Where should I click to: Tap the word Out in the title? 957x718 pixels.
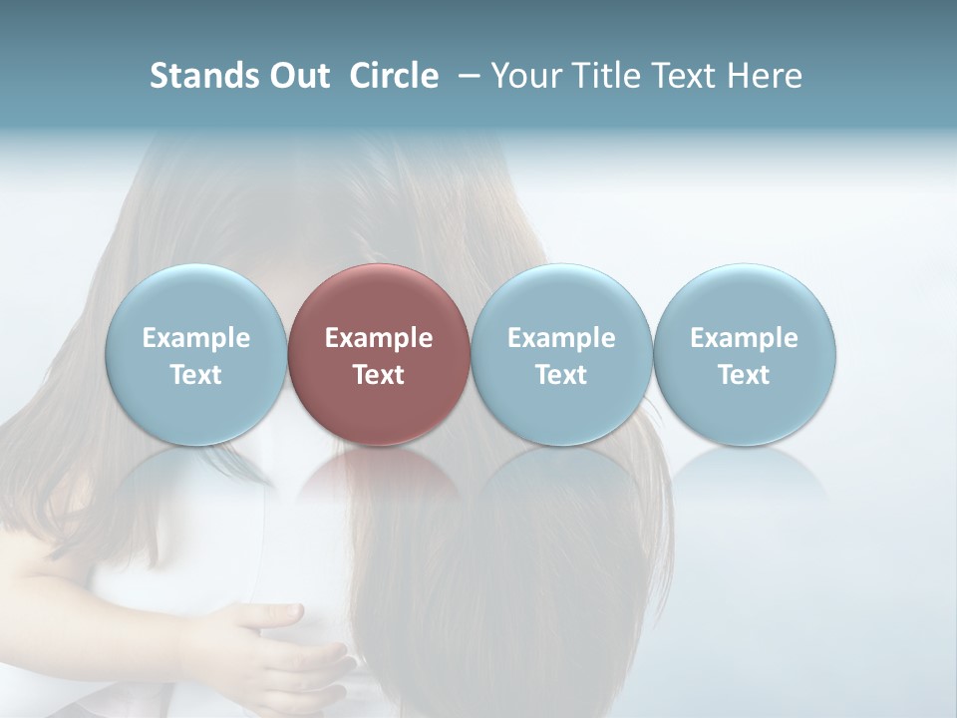[296, 76]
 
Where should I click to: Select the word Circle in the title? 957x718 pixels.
[394, 76]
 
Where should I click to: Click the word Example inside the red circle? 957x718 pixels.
[379, 338]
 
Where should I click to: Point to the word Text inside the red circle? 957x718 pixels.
[379, 375]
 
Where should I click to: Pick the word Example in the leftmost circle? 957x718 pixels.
[195, 338]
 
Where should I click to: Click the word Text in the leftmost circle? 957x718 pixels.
[195, 375]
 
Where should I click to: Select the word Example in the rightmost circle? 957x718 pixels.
[745, 338]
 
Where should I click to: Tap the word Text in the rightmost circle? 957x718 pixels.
[745, 375]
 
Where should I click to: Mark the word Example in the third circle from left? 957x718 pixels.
[561, 338]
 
